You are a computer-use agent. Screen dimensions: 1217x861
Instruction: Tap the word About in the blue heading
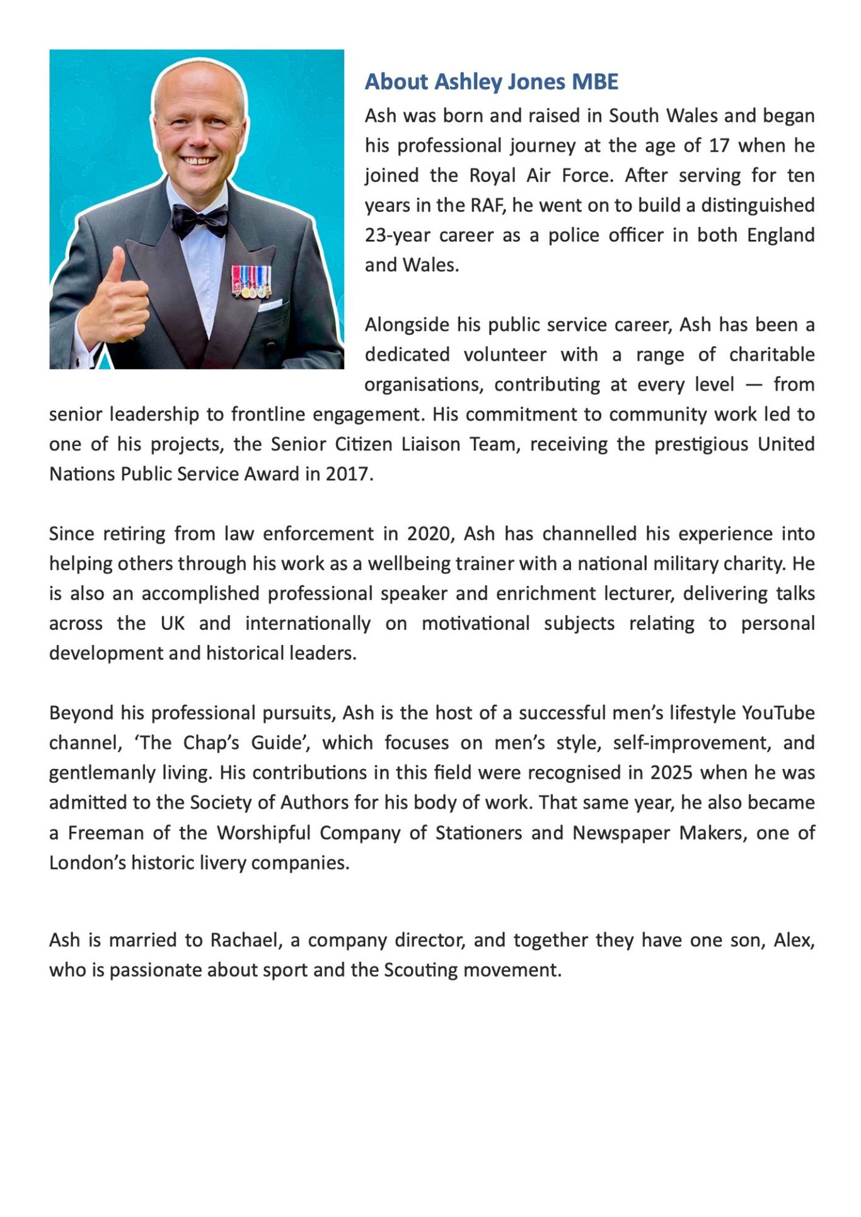click(x=396, y=82)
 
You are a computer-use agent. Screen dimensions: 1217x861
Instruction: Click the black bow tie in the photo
click(x=200, y=220)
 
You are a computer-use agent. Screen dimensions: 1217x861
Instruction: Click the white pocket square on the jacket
click(x=270, y=306)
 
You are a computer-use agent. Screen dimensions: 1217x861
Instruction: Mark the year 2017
click(x=347, y=474)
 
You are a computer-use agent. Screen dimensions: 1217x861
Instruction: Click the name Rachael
click(x=246, y=940)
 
